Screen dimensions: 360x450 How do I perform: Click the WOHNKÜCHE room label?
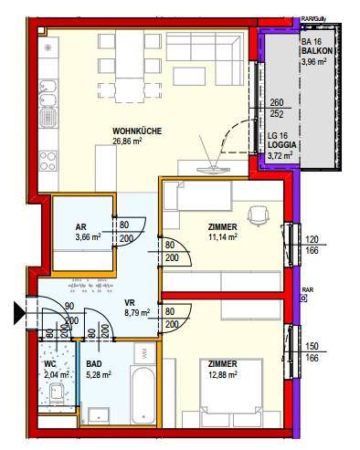[x=137, y=131]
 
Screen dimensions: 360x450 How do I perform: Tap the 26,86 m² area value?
[x=127, y=141]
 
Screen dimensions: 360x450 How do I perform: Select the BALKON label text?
[x=317, y=51]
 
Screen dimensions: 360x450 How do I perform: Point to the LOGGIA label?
[x=281, y=145]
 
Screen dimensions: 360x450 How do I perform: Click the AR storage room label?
[x=81, y=227]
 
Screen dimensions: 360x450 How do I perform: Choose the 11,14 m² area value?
[x=223, y=236]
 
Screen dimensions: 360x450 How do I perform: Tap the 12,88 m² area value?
[x=223, y=374]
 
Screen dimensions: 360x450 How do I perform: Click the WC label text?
[x=51, y=364]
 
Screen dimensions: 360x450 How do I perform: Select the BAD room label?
[x=94, y=364]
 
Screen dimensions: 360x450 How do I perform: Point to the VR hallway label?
[x=130, y=303]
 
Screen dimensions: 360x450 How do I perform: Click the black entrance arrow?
[x=19, y=313]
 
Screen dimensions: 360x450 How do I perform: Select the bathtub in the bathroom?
[x=143, y=395]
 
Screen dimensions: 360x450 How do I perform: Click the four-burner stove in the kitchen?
[x=48, y=161]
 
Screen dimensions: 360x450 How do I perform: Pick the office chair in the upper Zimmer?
[x=259, y=215]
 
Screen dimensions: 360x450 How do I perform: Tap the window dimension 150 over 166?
[x=312, y=352]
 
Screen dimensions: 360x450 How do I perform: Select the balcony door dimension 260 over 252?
[x=277, y=108]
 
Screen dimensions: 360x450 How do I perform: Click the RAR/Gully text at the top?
[x=313, y=19]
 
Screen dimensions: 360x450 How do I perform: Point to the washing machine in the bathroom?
[x=144, y=353]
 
